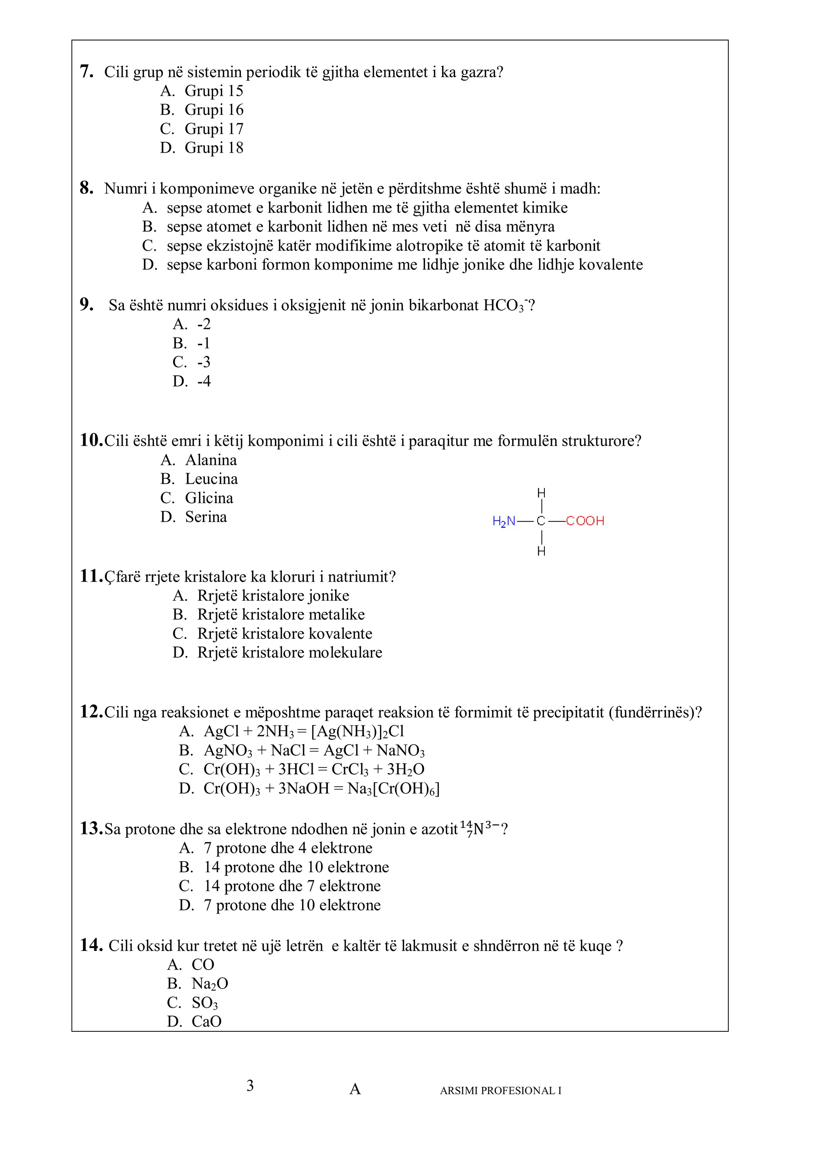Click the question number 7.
point(87,71)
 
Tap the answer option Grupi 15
point(214,91)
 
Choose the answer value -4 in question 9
point(204,381)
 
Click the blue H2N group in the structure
point(504,521)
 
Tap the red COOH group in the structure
point(585,521)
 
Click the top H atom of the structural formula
point(542,493)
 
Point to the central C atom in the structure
point(541,521)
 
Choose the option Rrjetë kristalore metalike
point(281,614)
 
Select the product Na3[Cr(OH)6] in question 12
point(393,789)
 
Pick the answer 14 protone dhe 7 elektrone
point(292,886)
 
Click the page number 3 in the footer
point(250,1085)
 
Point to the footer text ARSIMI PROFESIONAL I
point(500,1090)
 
